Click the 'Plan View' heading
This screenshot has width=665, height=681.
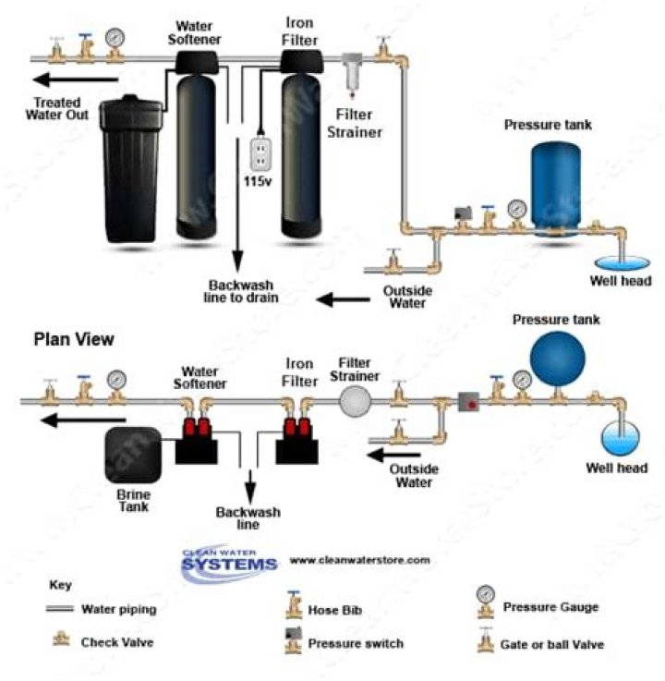point(74,339)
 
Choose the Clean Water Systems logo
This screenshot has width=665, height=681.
point(229,561)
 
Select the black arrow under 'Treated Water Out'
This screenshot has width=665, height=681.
point(76,79)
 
